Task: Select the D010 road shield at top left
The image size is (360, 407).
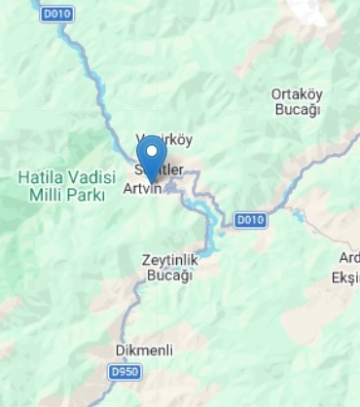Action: [55, 14]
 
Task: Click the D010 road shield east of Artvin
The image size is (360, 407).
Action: [250, 219]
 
